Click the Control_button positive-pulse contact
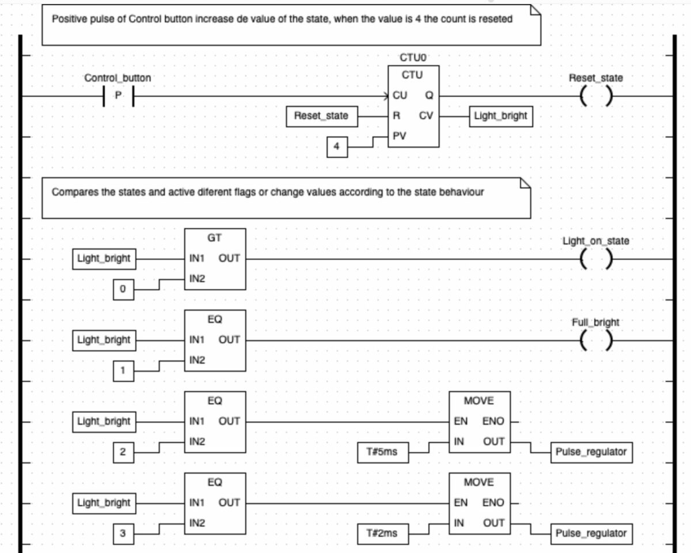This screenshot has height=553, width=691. (x=118, y=96)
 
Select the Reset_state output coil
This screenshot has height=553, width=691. (x=595, y=97)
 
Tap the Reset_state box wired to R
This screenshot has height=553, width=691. (x=321, y=116)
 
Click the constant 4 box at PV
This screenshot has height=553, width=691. (x=337, y=147)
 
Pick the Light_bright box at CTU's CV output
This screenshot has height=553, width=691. (x=500, y=116)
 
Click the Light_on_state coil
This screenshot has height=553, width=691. (x=595, y=259)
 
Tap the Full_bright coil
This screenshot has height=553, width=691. (x=595, y=341)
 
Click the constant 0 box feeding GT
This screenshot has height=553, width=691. (x=123, y=290)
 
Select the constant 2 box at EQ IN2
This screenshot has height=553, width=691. (x=123, y=452)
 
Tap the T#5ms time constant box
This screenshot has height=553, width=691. (x=381, y=452)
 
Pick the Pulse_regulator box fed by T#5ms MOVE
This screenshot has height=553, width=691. (x=591, y=452)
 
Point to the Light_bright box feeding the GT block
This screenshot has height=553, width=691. (x=104, y=259)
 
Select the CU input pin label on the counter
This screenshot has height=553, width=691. (x=400, y=96)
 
